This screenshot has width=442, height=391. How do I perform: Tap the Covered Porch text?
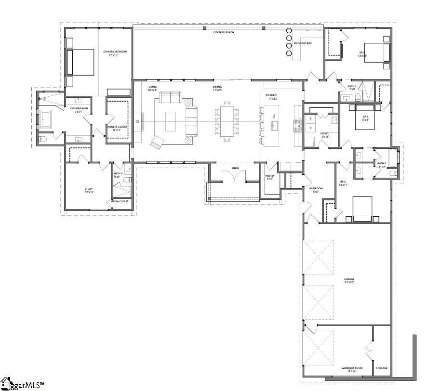click(x=224, y=32)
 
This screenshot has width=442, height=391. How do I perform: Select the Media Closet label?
click(x=121, y=201)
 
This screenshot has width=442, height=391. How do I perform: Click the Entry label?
click(x=235, y=168)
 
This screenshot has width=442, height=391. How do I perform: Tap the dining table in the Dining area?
click(x=227, y=121)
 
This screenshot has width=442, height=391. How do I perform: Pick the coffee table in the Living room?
click(x=171, y=121)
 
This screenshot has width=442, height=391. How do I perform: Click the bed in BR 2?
click(x=362, y=208)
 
